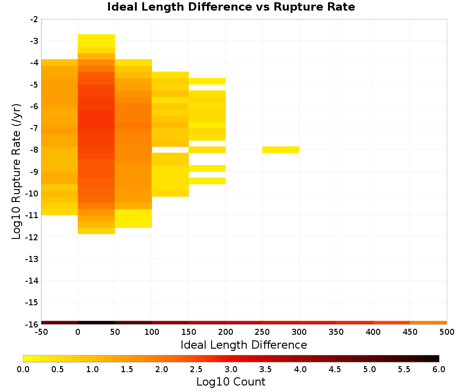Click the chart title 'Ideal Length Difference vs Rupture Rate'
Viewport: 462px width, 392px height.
[x=231, y=7]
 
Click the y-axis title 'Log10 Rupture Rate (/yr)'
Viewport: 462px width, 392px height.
[x=16, y=172]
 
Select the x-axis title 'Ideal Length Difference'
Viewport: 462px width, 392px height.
[x=243, y=344]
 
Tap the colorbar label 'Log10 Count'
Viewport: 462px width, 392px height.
[x=231, y=382]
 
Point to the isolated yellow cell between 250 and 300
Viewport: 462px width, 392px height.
[x=281, y=150]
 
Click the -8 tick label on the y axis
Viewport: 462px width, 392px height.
[x=34, y=150]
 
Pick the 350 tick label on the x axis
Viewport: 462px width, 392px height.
[x=336, y=332]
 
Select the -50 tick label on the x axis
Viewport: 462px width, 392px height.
[x=41, y=332]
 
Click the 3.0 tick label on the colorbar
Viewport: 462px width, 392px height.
[x=231, y=369]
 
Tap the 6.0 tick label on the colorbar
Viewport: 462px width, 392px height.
[x=439, y=369]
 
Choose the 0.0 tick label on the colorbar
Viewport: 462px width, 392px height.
[x=23, y=369]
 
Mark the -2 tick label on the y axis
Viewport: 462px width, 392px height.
[x=34, y=19]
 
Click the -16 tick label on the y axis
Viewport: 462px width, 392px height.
[x=32, y=324]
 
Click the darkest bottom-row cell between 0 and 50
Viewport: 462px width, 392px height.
[x=97, y=323]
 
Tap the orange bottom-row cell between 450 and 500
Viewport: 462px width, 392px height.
[x=428, y=323]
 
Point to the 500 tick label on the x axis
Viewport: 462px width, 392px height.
[x=447, y=332]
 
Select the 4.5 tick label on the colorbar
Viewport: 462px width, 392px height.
[x=335, y=369]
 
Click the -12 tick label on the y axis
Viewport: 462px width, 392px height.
[x=32, y=237]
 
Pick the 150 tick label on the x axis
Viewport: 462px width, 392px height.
[x=188, y=332]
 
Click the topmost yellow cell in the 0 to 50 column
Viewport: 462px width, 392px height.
[x=97, y=41]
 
